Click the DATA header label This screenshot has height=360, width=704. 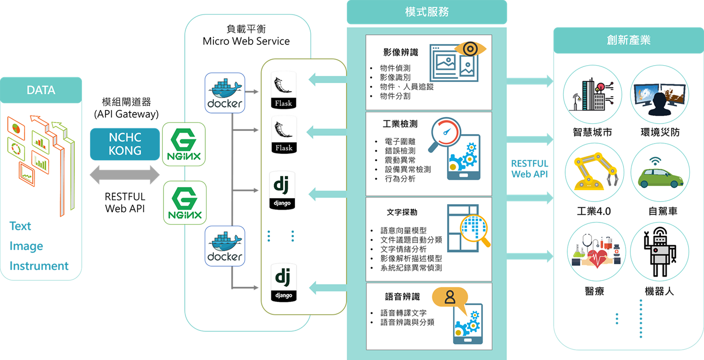tap(41, 90)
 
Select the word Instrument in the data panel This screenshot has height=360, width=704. tap(39, 266)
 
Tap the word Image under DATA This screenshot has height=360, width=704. tap(26, 246)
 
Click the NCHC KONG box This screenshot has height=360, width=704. tap(125, 144)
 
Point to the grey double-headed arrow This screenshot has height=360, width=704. tap(125, 175)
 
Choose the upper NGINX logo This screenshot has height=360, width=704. tap(184, 144)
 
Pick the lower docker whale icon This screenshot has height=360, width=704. tap(225, 246)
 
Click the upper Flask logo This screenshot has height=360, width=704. tap(283, 90)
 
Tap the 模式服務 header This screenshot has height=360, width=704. tap(427, 12)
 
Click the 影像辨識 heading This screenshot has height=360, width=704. tap(400, 52)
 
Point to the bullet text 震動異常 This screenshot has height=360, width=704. tap(400, 160)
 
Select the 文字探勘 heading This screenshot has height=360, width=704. tap(402, 212)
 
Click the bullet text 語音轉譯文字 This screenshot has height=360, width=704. tap(403, 313)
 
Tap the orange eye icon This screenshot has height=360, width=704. tap(470, 48)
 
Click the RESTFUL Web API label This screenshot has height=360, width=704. tap(530, 169)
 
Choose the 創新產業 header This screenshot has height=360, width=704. tap(628, 40)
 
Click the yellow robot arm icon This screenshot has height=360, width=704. tap(594, 172)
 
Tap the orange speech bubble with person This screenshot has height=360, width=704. tap(450, 298)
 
